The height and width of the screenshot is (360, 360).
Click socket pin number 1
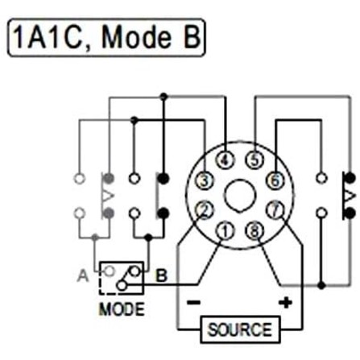[225, 231]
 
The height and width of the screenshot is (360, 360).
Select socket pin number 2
[205, 210]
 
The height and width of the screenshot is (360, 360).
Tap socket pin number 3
[205, 180]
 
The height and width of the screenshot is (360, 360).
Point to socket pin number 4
[225, 160]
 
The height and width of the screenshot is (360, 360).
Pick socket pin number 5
[255, 160]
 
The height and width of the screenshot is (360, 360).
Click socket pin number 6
[275, 180]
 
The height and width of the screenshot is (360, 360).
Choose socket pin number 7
[275, 210]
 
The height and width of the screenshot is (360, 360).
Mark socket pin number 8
[255, 231]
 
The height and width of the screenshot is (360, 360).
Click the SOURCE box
[240, 329]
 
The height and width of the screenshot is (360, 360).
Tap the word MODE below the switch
[122, 309]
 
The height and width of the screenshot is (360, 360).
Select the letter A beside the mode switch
[83, 275]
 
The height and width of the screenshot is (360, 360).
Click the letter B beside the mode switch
[161, 275]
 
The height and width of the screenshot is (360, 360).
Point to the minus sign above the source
[193, 303]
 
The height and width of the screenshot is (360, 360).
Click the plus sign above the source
[285, 303]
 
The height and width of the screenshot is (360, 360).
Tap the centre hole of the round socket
[240, 196]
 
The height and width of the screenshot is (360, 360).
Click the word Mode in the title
[136, 38]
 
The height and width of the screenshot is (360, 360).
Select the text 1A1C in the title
[50, 37]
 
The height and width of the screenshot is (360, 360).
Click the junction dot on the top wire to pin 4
[163, 97]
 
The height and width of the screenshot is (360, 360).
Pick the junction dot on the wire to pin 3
[134, 120]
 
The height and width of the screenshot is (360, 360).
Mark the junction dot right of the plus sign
[321, 285]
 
